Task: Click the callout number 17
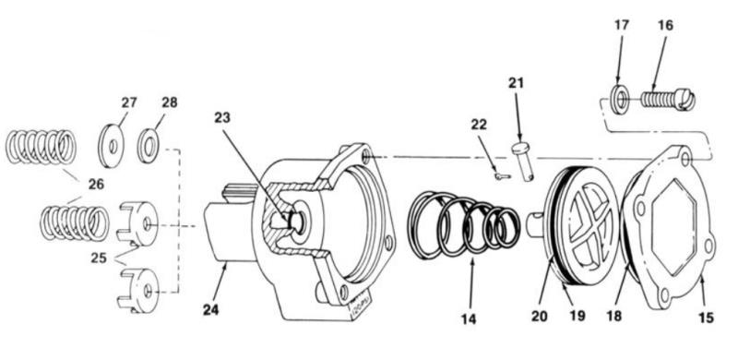point(621,25)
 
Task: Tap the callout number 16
point(665,25)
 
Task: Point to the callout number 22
point(478,126)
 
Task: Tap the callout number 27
point(128,102)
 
